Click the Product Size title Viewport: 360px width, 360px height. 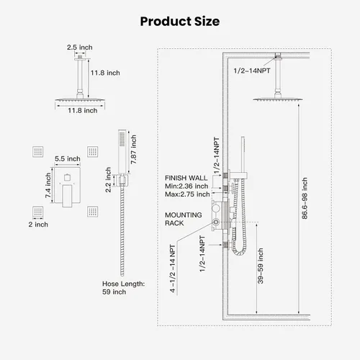pos(180,21)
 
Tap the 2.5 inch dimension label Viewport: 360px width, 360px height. pos(80,48)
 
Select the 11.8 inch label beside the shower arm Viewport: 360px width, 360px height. pos(105,73)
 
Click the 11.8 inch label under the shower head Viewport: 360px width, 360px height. pos(83,110)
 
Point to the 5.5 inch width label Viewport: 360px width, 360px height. pos(68,158)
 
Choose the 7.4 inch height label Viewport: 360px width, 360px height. pos(48,186)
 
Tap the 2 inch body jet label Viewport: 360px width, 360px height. pos(38,225)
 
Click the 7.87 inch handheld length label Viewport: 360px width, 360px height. pos(133,149)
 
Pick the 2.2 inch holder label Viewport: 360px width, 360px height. pos(108,180)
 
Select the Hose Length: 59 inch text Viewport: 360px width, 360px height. pos(123,288)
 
